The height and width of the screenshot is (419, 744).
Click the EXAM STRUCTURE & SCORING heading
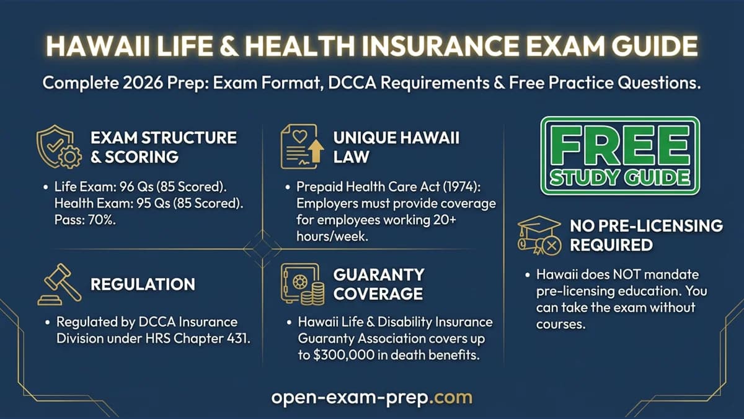point(163,146)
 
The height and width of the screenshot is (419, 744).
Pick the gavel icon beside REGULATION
point(60,285)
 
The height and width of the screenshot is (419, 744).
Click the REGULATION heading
point(143,285)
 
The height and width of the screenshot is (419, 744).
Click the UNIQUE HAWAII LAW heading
point(396,146)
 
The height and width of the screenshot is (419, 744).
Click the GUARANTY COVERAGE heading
point(379,284)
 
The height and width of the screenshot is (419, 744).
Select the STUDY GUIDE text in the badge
point(619,178)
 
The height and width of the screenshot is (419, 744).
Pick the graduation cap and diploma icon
point(538,235)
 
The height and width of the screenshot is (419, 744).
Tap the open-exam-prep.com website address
point(371,397)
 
